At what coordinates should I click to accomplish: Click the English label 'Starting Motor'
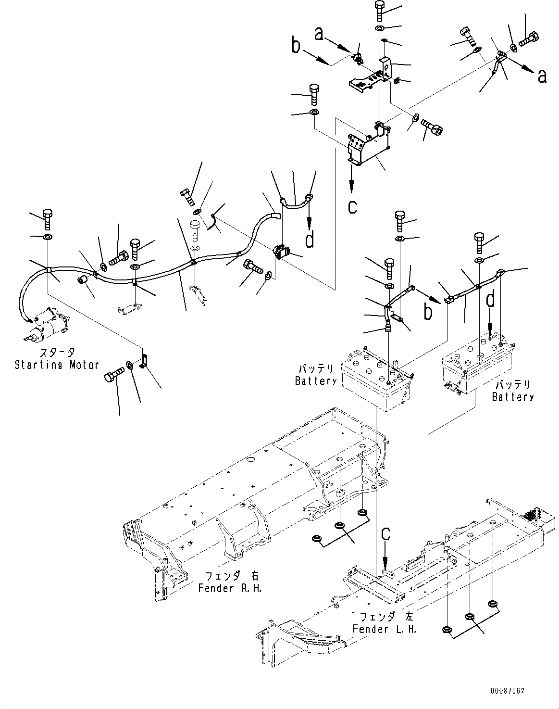pos(57,365)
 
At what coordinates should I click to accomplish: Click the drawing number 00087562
pos(508,691)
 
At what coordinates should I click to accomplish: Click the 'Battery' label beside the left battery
pos(316,381)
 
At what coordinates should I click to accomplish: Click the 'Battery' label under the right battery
pos(513,397)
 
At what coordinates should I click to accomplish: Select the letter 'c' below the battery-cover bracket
pos(352,206)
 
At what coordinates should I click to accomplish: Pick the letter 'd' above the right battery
pos(490,299)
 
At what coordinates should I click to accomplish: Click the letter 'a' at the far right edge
pos(542,76)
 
